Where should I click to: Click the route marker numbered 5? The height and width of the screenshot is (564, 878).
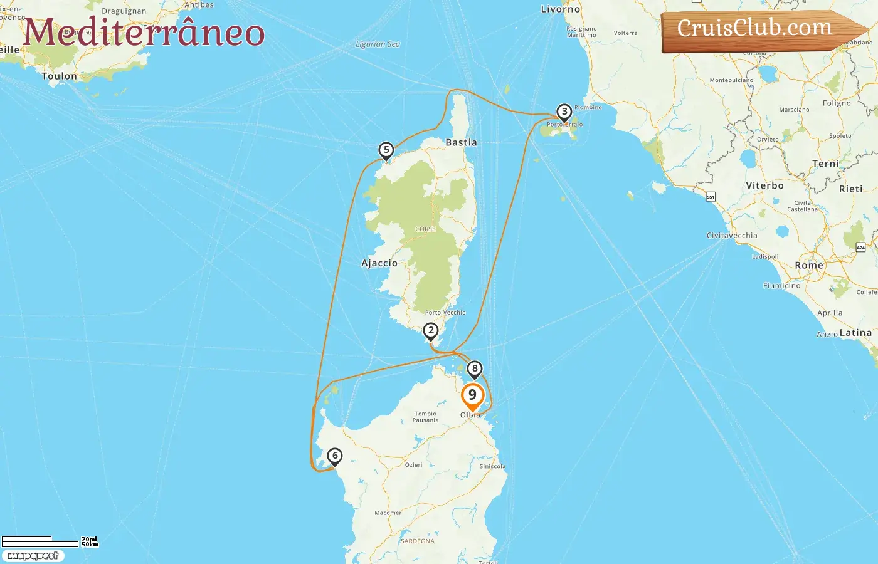click(386, 150)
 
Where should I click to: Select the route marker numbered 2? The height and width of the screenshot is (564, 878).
click(430, 331)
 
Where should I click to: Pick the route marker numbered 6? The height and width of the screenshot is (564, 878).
click(335, 456)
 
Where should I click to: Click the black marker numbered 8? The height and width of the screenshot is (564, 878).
click(475, 369)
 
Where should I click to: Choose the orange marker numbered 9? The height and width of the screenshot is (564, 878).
click(472, 395)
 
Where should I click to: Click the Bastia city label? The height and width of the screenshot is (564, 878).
click(461, 143)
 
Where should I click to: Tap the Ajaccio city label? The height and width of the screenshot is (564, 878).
click(379, 263)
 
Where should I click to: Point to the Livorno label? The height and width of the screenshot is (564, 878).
click(561, 9)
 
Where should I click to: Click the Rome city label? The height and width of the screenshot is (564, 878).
click(809, 266)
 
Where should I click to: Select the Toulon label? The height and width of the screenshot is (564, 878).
click(60, 76)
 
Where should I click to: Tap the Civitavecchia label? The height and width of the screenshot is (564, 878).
click(732, 236)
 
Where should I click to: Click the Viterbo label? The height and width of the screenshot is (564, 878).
click(764, 186)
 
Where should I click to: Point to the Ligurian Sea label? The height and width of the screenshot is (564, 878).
click(378, 44)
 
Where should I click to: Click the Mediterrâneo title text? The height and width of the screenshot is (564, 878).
click(144, 33)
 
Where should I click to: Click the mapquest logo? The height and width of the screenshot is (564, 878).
click(33, 556)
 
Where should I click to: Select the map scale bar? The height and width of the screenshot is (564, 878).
click(40, 541)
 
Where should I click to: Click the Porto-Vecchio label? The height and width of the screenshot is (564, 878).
click(445, 313)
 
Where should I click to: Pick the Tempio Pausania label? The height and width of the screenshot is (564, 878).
click(425, 417)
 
